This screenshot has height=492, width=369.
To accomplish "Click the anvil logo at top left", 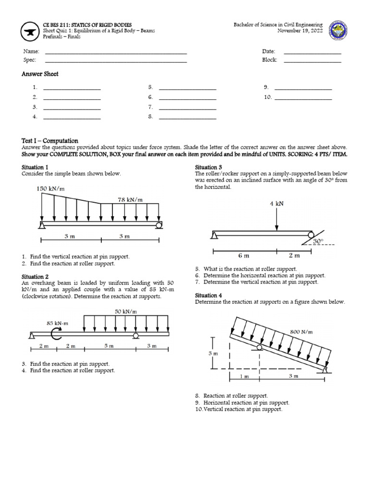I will (31, 31).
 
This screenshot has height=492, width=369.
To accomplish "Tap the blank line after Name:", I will (115, 52).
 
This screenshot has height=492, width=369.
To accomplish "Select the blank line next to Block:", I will (312, 61).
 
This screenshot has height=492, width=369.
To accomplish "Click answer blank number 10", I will (303, 98).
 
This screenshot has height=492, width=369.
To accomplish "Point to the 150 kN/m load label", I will (50, 189).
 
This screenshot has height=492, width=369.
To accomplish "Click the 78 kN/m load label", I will (130, 199).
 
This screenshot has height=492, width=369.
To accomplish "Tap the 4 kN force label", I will (276, 203).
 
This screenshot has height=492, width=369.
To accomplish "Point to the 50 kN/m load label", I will (126, 312).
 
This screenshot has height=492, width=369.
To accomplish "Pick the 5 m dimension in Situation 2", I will (109, 346).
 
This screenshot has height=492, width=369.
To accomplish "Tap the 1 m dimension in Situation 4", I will (245, 376).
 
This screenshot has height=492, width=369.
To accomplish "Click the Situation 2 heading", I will (35, 277).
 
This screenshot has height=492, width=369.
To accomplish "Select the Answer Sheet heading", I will (40, 74).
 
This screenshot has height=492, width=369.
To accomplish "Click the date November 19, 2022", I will (300, 31).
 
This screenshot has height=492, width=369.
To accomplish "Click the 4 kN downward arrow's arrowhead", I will (276, 228).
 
